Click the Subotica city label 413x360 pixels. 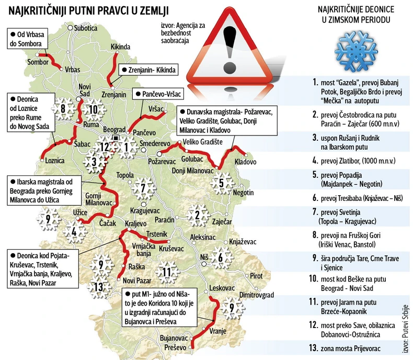86,28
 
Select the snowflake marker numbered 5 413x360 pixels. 222,183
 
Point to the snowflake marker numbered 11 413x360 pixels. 166,272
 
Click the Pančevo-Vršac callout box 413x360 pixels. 157,94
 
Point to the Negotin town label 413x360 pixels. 243,193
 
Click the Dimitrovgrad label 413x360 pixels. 256,295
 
